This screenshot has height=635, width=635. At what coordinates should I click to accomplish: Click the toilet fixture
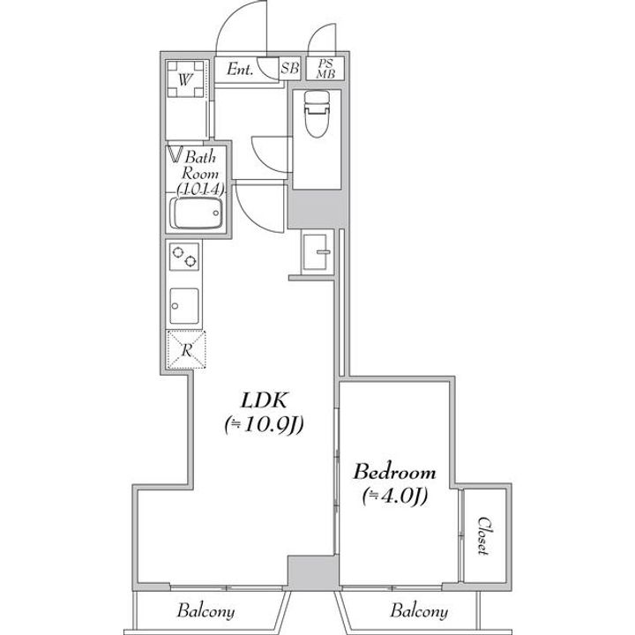317,114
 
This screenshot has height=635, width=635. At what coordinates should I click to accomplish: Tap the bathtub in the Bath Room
197,213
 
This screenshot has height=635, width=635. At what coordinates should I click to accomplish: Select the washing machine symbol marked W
185,79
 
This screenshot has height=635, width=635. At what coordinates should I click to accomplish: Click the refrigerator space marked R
186,349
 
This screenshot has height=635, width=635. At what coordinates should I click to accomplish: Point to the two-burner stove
184,257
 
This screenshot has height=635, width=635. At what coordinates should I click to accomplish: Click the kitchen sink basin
184,306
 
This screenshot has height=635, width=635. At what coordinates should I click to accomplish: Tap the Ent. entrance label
240,69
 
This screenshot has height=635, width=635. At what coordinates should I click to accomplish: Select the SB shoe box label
290,68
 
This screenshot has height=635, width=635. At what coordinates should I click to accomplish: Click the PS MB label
325,69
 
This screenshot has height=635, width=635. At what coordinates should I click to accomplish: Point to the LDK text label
264,400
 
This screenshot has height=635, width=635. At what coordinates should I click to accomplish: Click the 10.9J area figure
264,425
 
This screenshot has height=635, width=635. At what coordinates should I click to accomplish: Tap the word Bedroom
394,472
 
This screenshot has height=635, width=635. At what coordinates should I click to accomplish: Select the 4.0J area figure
395,496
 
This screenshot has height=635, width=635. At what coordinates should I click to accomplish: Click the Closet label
483,535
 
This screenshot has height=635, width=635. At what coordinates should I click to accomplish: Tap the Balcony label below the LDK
205,611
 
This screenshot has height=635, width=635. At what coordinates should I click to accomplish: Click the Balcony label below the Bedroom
419,611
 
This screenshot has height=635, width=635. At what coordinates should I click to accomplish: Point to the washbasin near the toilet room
316,252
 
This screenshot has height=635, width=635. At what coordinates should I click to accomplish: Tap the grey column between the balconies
312,572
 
